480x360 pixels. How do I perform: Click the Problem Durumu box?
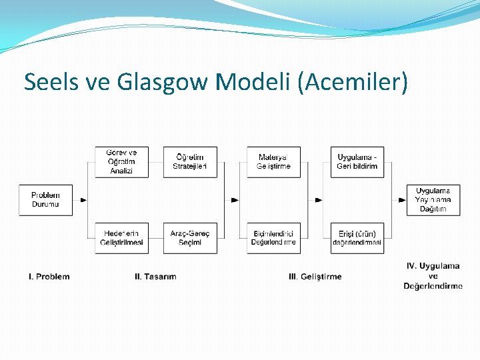45,199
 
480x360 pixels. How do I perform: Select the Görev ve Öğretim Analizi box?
121,162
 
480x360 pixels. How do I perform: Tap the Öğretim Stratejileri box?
190,162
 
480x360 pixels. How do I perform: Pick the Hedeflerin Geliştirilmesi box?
121,238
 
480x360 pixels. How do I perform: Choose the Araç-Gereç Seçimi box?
190,238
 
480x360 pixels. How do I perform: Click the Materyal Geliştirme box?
273,162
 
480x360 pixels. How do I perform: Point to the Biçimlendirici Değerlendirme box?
273,238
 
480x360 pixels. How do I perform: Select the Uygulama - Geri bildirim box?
357,162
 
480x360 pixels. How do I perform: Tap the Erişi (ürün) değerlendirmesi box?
357,238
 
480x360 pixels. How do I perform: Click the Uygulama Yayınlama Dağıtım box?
433,199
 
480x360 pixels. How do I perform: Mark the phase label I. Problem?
49,277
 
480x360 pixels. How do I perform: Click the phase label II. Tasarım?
155,277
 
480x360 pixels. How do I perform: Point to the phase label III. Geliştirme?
315,277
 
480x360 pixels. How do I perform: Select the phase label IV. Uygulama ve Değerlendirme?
433,276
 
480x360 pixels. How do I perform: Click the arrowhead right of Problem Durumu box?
83,199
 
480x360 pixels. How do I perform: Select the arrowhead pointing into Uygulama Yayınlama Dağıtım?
402,199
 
